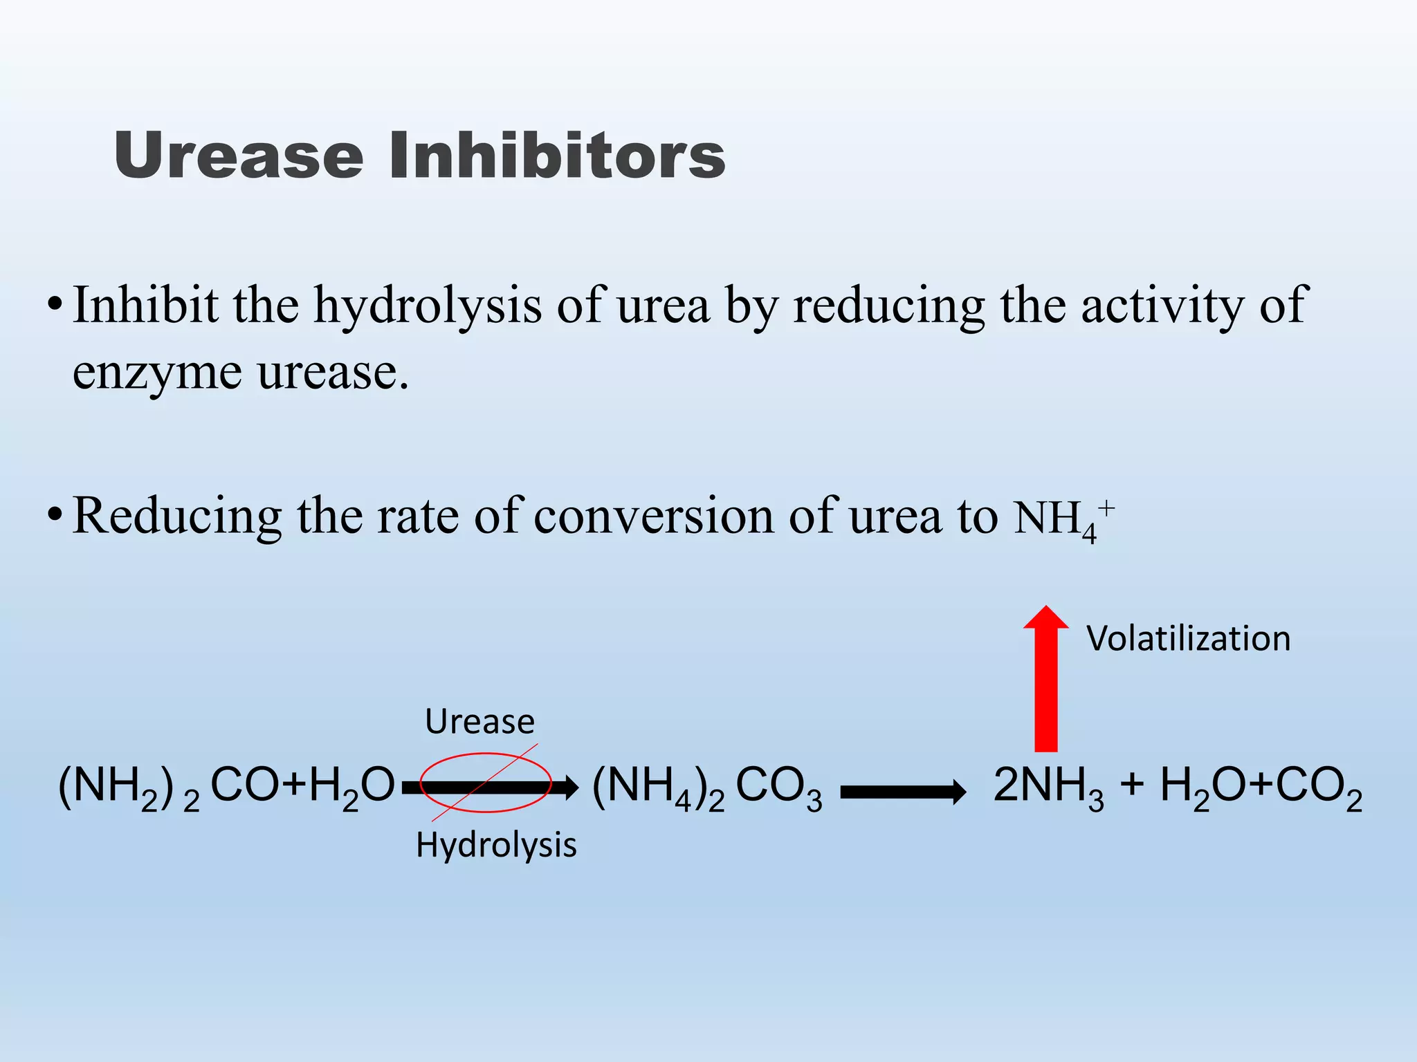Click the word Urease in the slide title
point(239,156)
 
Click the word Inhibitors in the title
point(557,156)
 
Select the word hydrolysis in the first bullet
point(428,306)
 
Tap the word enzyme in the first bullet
point(157,373)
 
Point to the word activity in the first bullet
point(1162,306)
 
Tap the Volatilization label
point(1188,638)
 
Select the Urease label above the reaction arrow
point(479,722)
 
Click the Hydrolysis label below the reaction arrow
point(496,845)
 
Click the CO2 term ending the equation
point(1318,788)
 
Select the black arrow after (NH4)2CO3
point(903,792)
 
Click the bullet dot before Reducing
point(55,515)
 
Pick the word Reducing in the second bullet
point(177,516)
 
